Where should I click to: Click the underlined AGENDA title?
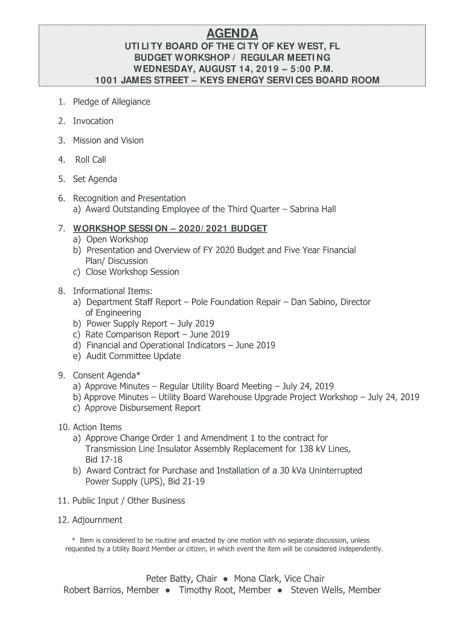click(232, 33)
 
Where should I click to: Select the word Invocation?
click(93, 121)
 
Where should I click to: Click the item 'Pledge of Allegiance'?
click(112, 102)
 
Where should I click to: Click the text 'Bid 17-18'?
click(103, 460)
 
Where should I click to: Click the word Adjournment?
click(97, 520)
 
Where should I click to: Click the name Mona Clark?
click(257, 579)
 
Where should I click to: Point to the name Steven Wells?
click(317, 590)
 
